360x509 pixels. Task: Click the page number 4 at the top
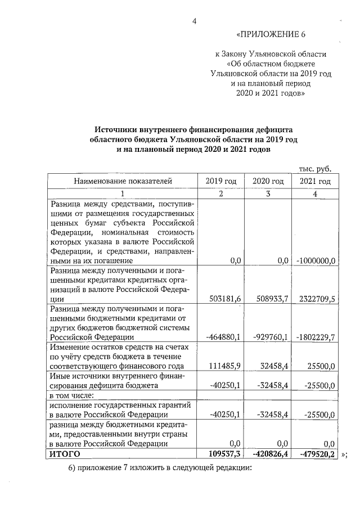click(194, 21)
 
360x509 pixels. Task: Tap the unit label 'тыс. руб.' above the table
click(314, 168)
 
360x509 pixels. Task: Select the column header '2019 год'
click(221, 181)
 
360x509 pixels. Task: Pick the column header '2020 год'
click(268, 181)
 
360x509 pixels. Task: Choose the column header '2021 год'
click(314, 181)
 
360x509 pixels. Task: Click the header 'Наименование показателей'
click(122, 181)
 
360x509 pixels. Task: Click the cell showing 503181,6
click(224, 299)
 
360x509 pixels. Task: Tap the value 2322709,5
click(316, 299)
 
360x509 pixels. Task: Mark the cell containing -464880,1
click(223, 337)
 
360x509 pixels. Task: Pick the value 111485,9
click(224, 366)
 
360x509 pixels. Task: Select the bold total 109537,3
click(223, 453)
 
